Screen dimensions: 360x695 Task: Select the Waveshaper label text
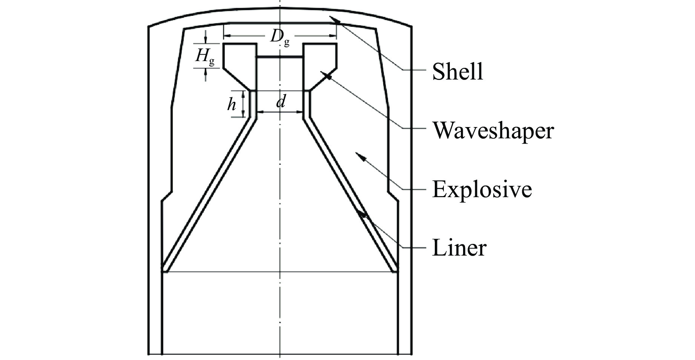coord(493,130)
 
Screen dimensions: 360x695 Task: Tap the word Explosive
coord(482,189)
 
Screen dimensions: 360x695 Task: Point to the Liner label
coord(459,248)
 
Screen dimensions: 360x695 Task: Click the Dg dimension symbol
coord(279,37)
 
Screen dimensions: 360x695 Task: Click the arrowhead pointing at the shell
coord(334,20)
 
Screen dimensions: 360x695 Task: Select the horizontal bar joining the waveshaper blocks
coord(280,57)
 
